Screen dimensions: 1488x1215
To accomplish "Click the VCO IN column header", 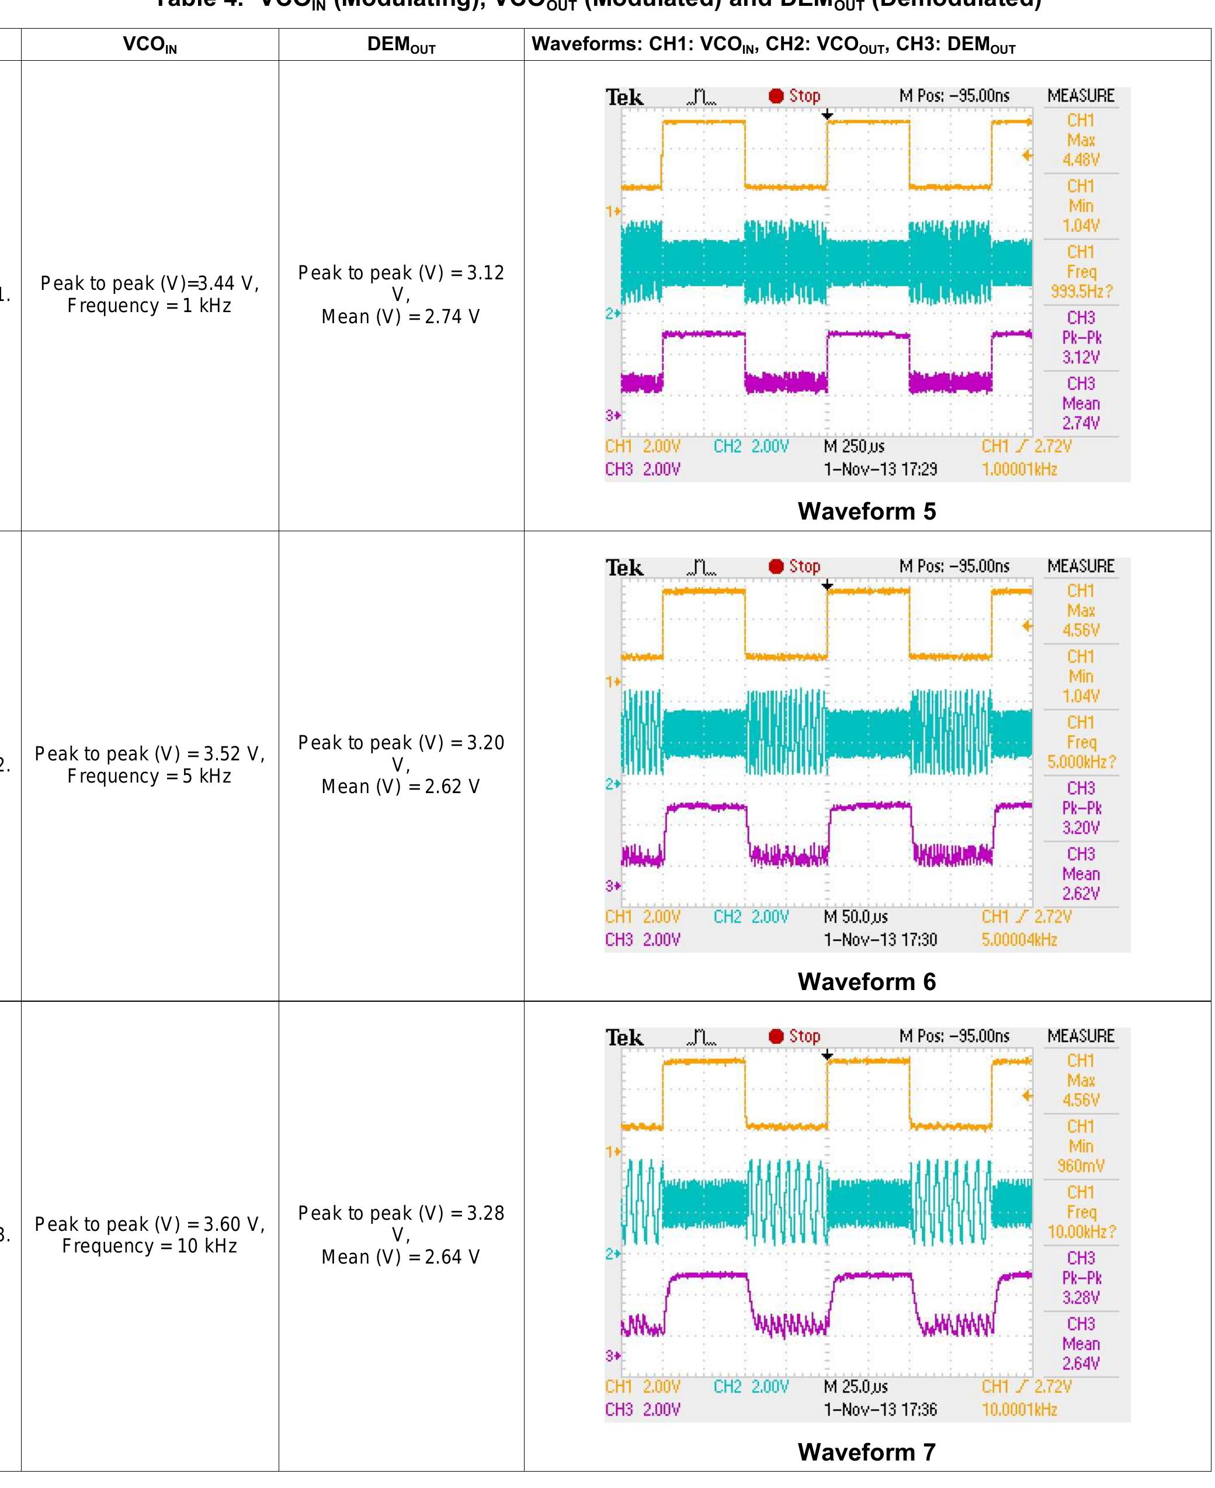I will [150, 45].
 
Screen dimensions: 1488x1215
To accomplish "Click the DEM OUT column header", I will [401, 45].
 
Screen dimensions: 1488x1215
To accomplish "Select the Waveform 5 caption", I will [866, 511].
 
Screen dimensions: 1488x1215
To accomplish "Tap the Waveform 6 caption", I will [866, 982].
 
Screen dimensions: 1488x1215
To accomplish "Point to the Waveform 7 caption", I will [866, 1452].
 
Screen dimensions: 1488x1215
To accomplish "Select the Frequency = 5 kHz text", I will [149, 776].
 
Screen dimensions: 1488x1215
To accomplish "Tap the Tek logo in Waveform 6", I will [624, 567].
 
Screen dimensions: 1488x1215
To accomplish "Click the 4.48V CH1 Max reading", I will [1081, 160].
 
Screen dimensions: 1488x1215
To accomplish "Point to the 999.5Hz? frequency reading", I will [1081, 291].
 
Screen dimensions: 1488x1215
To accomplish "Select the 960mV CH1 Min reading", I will [1081, 1166].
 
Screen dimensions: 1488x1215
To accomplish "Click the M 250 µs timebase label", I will [854, 447].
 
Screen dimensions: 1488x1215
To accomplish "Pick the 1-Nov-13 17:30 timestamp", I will [880, 940].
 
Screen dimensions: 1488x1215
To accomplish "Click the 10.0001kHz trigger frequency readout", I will [1019, 1410].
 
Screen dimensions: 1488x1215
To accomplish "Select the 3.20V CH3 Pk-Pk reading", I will [1081, 828].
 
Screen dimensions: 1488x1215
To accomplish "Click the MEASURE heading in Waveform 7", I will [1081, 1036].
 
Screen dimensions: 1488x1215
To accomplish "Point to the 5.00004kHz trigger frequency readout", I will [1019, 940].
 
